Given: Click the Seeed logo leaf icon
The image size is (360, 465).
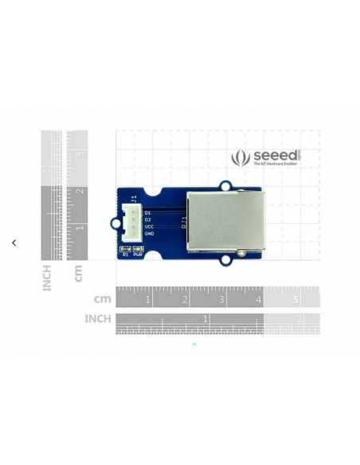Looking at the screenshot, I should click(241, 158).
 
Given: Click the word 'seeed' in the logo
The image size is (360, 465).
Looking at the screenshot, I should click(275, 155).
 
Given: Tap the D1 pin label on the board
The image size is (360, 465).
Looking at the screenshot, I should click(148, 213).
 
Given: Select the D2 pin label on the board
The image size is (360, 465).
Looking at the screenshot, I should click(148, 220).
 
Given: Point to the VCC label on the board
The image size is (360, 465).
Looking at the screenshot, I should click(149, 227).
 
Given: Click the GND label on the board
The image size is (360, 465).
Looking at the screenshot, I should click(149, 234).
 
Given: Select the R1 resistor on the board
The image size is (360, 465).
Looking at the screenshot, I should click(125, 249).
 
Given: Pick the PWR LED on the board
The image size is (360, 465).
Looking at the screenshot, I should click(138, 249).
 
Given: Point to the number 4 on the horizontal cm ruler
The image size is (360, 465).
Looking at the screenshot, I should click(259, 299).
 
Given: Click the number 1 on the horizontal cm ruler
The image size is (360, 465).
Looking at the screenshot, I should click(147, 299).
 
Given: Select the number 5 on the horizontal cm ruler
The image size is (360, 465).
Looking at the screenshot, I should click(295, 299).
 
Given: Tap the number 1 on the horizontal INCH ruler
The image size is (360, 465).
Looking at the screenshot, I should click(205, 318).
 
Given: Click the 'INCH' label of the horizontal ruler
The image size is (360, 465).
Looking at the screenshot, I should click(98, 318).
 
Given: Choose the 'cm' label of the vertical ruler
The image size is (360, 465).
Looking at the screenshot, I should click(78, 273).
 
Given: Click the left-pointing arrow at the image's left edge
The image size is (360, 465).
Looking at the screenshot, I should click(14, 243).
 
